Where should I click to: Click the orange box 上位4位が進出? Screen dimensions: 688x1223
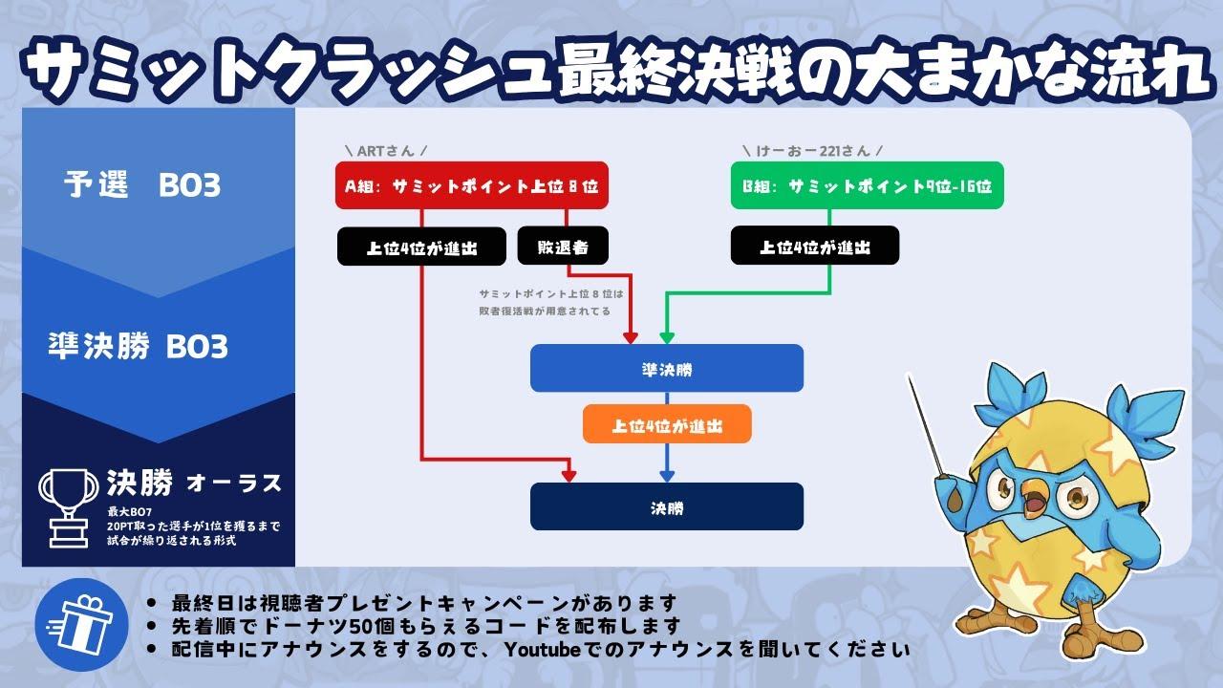[667, 425]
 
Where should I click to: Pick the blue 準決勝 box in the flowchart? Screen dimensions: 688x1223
[667, 369]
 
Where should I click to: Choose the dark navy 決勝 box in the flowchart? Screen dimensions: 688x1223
[667, 506]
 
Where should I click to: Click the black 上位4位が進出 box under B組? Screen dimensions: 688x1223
[815, 247]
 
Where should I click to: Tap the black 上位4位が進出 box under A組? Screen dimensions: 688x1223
[421, 247]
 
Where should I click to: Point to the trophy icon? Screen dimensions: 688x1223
[69, 505]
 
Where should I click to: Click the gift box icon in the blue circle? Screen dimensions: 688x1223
[75, 626]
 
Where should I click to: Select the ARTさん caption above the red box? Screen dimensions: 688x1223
[385, 151]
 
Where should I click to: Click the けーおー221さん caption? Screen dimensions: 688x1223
[811, 151]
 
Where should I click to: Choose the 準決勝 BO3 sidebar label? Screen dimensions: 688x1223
[138, 346]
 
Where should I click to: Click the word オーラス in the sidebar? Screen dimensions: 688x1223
[234, 484]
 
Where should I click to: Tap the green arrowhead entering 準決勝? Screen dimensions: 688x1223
[667, 336]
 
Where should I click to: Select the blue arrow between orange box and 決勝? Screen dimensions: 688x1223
[667, 462]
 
